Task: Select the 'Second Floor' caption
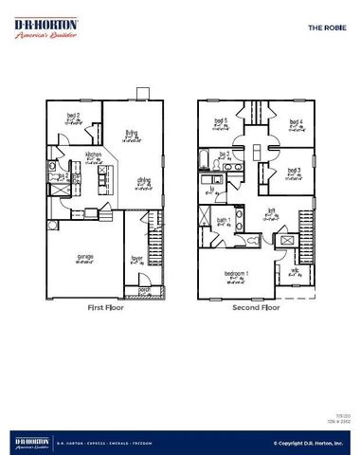tap(257, 308)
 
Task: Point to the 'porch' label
tap(145, 289)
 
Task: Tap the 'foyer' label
tap(136, 256)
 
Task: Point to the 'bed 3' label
tap(294, 171)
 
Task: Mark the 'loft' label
tap(271, 212)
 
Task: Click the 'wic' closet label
tap(295, 270)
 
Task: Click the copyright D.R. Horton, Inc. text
tap(308, 442)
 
